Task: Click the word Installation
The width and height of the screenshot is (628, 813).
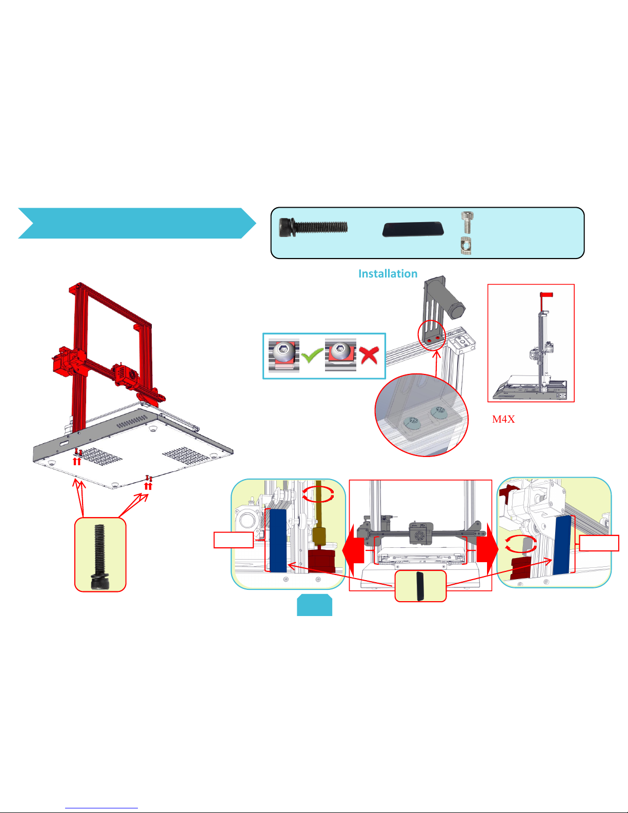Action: coord(388,273)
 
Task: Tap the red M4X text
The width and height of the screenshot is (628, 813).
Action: coord(503,419)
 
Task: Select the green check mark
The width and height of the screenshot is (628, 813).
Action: coord(312,355)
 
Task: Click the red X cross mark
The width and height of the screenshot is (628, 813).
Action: coord(369,355)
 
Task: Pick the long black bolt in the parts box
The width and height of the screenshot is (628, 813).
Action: coord(313,227)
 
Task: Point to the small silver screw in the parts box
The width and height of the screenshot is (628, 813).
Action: coord(467,222)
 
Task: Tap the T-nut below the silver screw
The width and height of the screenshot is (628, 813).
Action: coord(466,246)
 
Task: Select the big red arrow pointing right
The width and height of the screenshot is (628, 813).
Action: coord(488,549)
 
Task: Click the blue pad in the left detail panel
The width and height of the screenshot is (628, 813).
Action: coord(278,540)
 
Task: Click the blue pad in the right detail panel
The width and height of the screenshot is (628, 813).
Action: coord(562,545)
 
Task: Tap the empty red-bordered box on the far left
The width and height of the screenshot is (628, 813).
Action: coord(234,540)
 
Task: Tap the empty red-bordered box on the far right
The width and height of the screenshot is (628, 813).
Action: coord(599,543)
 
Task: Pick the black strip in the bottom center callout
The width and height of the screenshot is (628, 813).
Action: coord(420,586)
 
